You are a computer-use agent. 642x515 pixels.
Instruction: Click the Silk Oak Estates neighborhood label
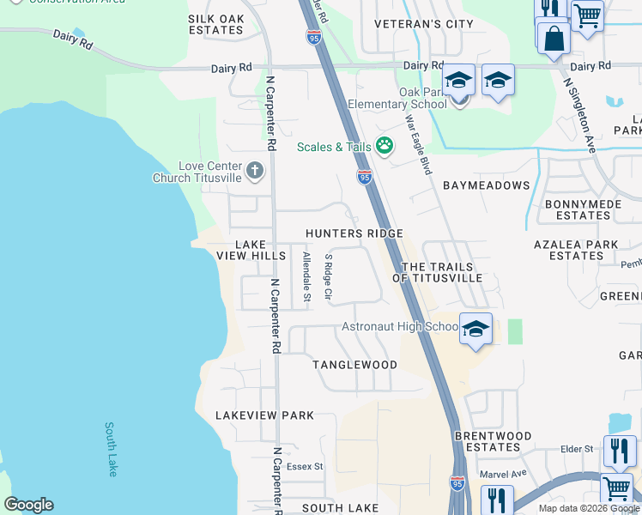tap(215, 24)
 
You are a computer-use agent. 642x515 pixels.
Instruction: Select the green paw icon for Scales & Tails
tap(385, 147)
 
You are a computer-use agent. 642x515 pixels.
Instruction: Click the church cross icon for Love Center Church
tap(254, 170)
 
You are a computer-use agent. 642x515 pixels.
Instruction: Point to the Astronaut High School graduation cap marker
tap(475, 329)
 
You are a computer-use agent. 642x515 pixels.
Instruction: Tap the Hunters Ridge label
tap(354, 233)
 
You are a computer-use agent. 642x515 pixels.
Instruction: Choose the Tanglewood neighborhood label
tap(354, 365)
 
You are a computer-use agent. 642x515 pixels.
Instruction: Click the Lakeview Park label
tap(264, 415)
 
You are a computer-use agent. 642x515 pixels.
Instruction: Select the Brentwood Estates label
tap(493, 441)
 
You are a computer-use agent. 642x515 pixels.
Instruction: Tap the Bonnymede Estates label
tap(583, 209)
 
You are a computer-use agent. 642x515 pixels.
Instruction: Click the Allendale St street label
tap(306, 276)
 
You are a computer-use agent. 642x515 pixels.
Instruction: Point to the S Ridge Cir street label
tap(328, 276)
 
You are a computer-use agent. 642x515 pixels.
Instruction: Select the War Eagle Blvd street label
tap(418, 144)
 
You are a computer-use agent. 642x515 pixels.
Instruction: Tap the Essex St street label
tap(305, 467)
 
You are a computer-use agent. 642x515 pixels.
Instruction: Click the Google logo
tap(28, 505)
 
